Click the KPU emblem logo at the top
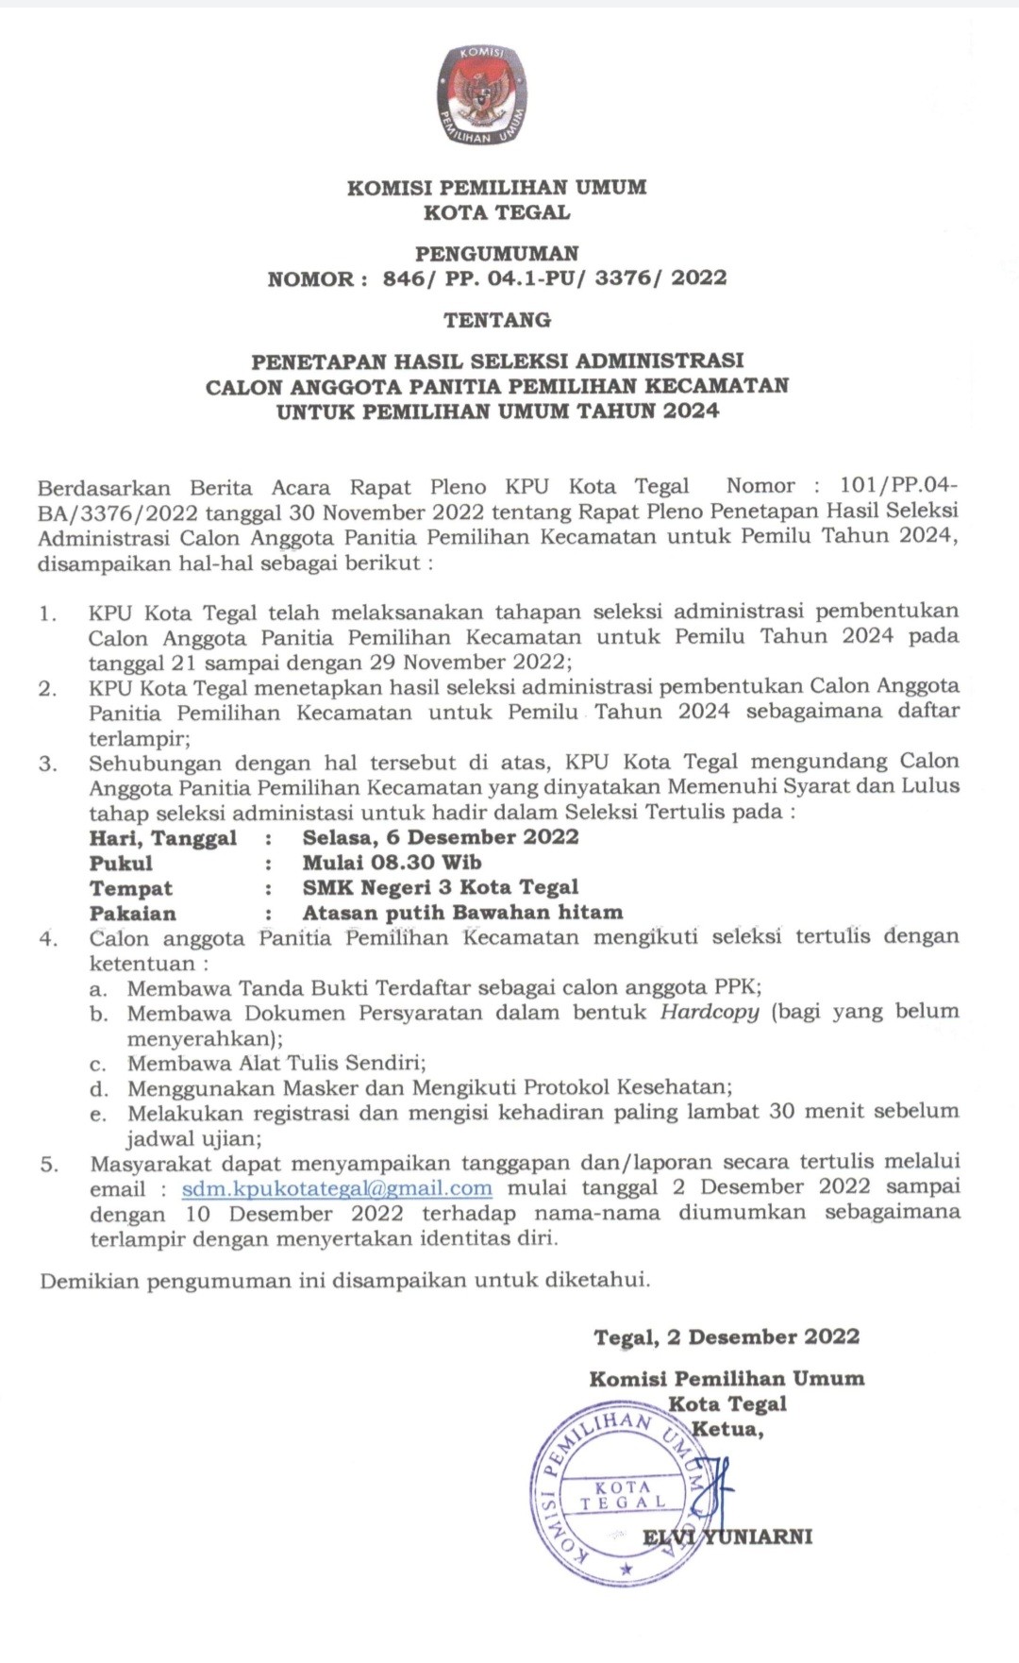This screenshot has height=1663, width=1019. pyautogui.click(x=483, y=96)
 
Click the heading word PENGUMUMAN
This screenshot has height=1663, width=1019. pyautogui.click(x=497, y=253)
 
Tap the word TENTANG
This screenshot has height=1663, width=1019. pyautogui.click(x=497, y=320)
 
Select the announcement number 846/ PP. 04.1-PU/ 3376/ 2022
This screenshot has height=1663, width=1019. pyautogui.click(x=555, y=278)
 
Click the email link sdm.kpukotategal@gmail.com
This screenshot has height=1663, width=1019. pyautogui.click(x=337, y=1188)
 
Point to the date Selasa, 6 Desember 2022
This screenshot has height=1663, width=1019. pyautogui.click(x=441, y=837)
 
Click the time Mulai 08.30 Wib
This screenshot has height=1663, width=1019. pyautogui.click(x=392, y=863)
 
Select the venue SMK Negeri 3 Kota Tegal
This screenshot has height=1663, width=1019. pyautogui.click(x=441, y=888)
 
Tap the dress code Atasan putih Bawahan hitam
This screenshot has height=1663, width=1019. pyautogui.click(x=462, y=913)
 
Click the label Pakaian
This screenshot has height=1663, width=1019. pyautogui.click(x=133, y=914)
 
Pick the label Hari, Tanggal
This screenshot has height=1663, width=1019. pyautogui.click(x=163, y=838)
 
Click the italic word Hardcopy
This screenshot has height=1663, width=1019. pyautogui.click(x=710, y=1013)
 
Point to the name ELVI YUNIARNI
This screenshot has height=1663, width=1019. pyautogui.click(x=727, y=1537)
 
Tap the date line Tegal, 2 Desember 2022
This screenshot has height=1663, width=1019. pyautogui.click(x=727, y=1337)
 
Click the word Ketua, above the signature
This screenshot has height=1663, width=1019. pyautogui.click(x=727, y=1429)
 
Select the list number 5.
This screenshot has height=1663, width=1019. pyautogui.click(x=49, y=1165)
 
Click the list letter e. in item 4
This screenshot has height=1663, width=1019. pyautogui.click(x=98, y=1114)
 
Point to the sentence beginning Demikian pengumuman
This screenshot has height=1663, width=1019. pyautogui.click(x=345, y=1281)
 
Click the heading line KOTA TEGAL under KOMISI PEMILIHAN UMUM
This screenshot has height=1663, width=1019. pyautogui.click(x=497, y=212)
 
